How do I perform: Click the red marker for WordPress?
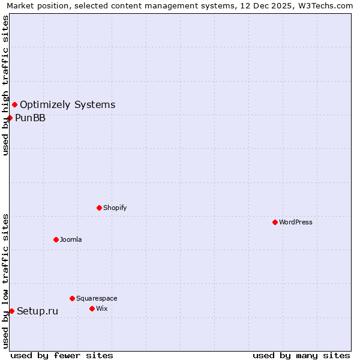pos(275,222)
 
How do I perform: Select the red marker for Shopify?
pos(99,208)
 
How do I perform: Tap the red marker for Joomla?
pos(56,239)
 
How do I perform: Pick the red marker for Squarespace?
pos(72,298)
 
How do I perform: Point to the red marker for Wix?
pos(92,308)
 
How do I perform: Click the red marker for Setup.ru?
pos(11,311)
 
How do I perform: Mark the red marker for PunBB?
pos(10,118)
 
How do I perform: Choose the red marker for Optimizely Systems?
pos(14,104)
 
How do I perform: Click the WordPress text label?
pos(296,222)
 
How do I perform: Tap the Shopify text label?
pos(115,208)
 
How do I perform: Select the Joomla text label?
pos(71,239)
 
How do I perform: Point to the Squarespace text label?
pos(97,298)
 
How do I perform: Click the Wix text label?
pos(102,308)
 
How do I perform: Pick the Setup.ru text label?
pos(37,311)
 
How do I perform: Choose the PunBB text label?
pos(30,118)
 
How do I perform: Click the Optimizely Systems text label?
pos(67,105)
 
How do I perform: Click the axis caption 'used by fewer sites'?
pos(62,355)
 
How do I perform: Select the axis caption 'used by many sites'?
pos(301,355)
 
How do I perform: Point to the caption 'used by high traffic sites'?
pos(5,85)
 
